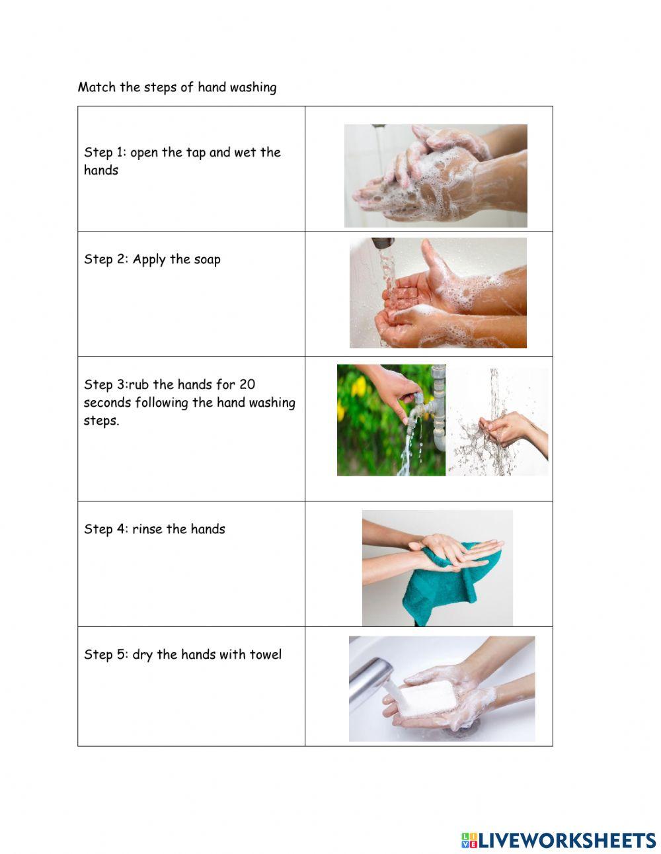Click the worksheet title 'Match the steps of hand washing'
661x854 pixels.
[177, 87]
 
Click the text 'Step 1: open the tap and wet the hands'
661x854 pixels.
[182, 161]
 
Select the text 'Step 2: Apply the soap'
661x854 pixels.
[152, 259]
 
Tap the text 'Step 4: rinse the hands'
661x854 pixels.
[154, 529]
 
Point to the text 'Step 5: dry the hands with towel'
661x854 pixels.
[182, 655]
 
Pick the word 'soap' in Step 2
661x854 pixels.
[207, 259]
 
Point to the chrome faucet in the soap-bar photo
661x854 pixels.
[370, 681]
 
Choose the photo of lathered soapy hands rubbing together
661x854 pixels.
[436, 176]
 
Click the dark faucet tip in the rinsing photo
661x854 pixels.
[383, 243]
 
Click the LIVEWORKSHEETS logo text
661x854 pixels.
[567, 840]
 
